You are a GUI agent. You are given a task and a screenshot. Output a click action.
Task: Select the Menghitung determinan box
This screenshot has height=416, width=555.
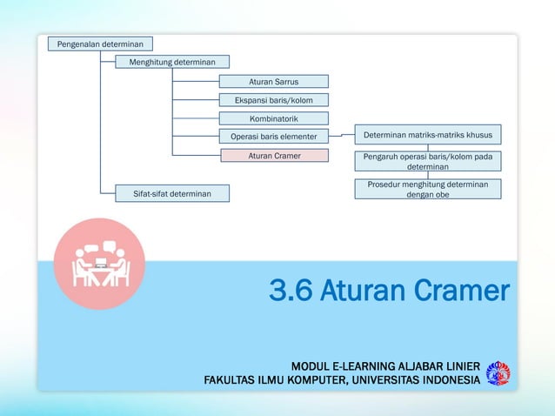coord(172,62)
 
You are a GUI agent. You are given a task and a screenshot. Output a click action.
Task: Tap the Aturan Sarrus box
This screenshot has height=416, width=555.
coord(273,82)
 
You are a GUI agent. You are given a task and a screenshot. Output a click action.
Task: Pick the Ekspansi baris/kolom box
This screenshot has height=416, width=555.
coord(273,100)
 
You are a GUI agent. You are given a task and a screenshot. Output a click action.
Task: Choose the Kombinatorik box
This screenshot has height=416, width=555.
coord(273,118)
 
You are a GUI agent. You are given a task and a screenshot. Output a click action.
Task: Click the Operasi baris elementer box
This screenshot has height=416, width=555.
coord(273,137)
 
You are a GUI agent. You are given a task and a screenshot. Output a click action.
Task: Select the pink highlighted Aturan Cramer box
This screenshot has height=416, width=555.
coord(273,156)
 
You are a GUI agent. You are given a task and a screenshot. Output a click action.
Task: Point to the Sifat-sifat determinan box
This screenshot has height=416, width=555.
coord(172,192)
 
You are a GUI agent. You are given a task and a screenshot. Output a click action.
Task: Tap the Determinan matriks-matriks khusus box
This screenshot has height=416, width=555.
coord(427,136)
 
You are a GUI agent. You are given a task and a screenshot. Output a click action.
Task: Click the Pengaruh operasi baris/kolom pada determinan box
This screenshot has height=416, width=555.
coord(427,161)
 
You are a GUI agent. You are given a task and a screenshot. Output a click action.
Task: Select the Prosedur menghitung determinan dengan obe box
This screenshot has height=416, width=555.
coord(427,190)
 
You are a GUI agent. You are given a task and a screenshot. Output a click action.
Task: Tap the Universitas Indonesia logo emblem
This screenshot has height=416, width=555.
coord(498,372)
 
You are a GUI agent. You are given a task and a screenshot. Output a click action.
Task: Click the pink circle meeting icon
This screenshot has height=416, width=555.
coord(99,263)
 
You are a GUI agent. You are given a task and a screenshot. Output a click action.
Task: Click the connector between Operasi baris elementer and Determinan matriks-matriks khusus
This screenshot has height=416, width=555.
coord(341,137)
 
